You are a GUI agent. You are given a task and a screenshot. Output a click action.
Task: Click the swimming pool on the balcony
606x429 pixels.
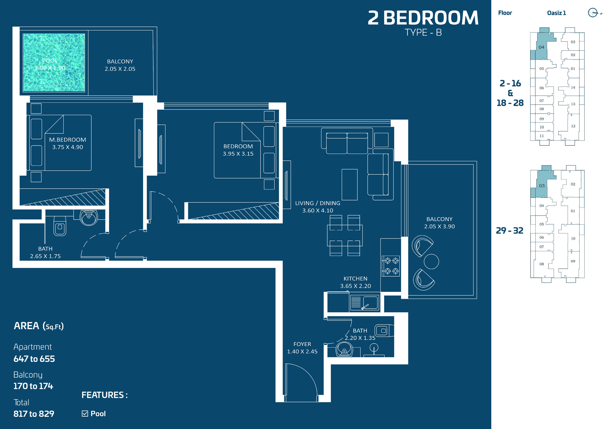point(54,63)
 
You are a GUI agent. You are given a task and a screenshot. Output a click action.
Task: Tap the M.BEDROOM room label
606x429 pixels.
point(68,140)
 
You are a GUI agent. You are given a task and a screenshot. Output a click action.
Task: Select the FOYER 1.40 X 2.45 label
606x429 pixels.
point(302,348)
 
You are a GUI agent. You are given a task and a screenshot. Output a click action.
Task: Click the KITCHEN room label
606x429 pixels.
point(355,279)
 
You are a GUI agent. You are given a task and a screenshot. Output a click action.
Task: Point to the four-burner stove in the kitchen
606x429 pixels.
point(391,266)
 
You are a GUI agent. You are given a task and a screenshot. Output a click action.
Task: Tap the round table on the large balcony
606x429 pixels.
point(431,261)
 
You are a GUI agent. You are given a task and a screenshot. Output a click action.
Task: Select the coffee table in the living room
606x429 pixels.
point(349,185)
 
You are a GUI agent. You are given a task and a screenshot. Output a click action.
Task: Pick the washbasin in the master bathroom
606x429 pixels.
point(89,218)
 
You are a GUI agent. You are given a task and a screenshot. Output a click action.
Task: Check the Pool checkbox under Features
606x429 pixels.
point(85,414)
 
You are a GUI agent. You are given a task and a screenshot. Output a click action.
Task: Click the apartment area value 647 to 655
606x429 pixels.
point(34,359)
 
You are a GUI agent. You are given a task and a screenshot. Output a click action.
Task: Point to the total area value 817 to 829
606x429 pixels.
point(34,414)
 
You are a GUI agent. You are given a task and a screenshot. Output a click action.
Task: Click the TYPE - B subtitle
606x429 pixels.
point(423,32)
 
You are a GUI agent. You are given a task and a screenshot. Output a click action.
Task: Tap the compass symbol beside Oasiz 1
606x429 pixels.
point(593,12)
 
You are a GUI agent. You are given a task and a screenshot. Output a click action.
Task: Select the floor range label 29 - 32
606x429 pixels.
point(509,230)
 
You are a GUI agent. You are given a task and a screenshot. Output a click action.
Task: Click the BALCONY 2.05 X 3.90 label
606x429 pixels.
point(440,222)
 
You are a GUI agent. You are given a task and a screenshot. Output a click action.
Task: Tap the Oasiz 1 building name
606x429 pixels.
point(556,13)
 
